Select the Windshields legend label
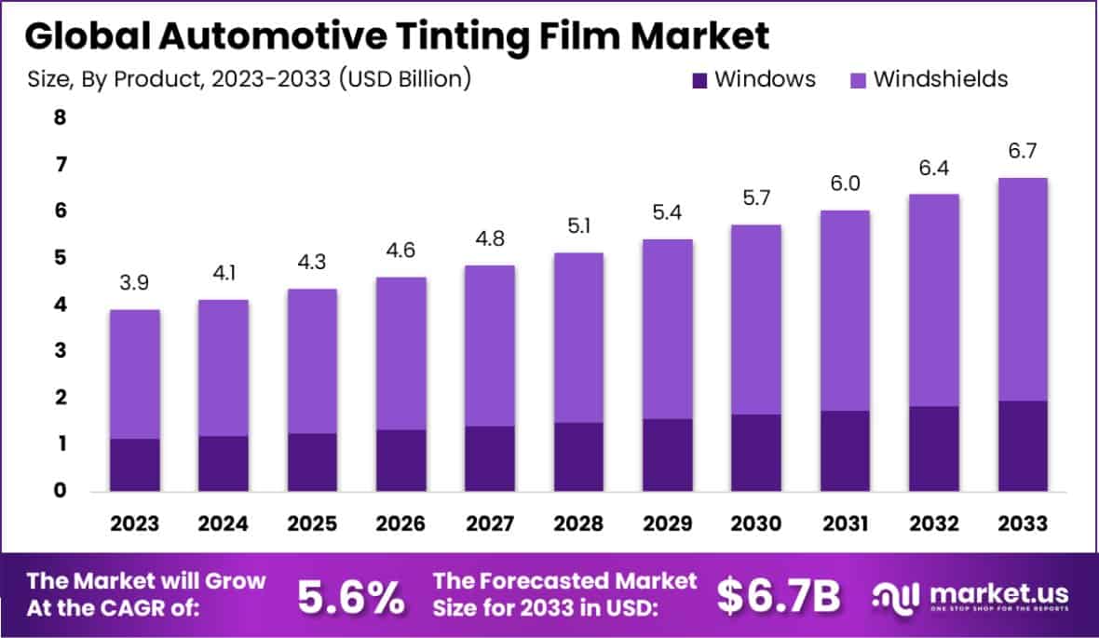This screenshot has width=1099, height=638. [941, 79]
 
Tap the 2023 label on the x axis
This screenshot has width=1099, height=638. [134, 523]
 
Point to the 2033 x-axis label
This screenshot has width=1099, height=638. [1023, 523]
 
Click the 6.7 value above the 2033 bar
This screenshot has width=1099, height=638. [1023, 151]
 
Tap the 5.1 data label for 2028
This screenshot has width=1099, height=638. [577, 226]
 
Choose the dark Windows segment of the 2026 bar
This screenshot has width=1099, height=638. [401, 460]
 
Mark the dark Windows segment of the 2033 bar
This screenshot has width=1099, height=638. [1023, 446]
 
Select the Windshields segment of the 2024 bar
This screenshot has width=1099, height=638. [224, 368]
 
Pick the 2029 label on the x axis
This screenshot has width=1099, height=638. [667, 523]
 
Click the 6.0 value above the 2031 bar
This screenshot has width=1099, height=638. [845, 183]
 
